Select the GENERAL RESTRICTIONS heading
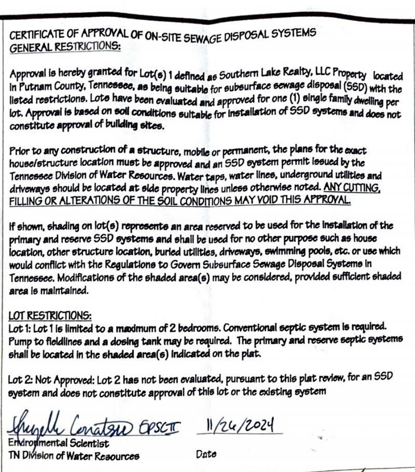(x=65, y=47)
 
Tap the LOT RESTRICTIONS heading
(x=50, y=315)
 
